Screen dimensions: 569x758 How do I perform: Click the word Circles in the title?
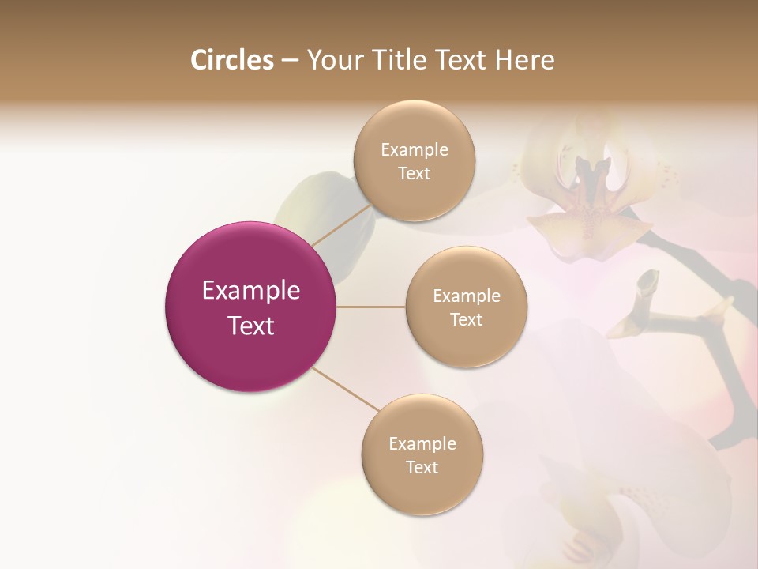coord(231,60)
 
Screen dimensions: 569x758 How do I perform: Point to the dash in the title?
coord(289,61)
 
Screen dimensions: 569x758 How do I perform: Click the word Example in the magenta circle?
coord(251,290)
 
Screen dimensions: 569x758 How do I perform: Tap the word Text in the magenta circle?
coord(251,326)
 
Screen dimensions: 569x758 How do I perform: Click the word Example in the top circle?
coord(414,149)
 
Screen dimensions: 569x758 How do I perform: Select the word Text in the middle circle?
coord(466,319)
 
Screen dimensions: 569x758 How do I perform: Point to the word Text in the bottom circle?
coord(422,467)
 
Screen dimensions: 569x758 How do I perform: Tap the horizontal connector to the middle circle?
coord(370,307)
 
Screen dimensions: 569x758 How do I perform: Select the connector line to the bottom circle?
coord(345,390)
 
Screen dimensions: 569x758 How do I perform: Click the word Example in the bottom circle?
coord(422,443)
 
